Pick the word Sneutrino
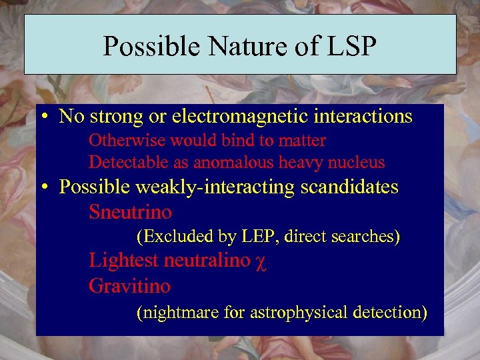pos(130,213)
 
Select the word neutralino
pos(207,261)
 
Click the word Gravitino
pos(129,287)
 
